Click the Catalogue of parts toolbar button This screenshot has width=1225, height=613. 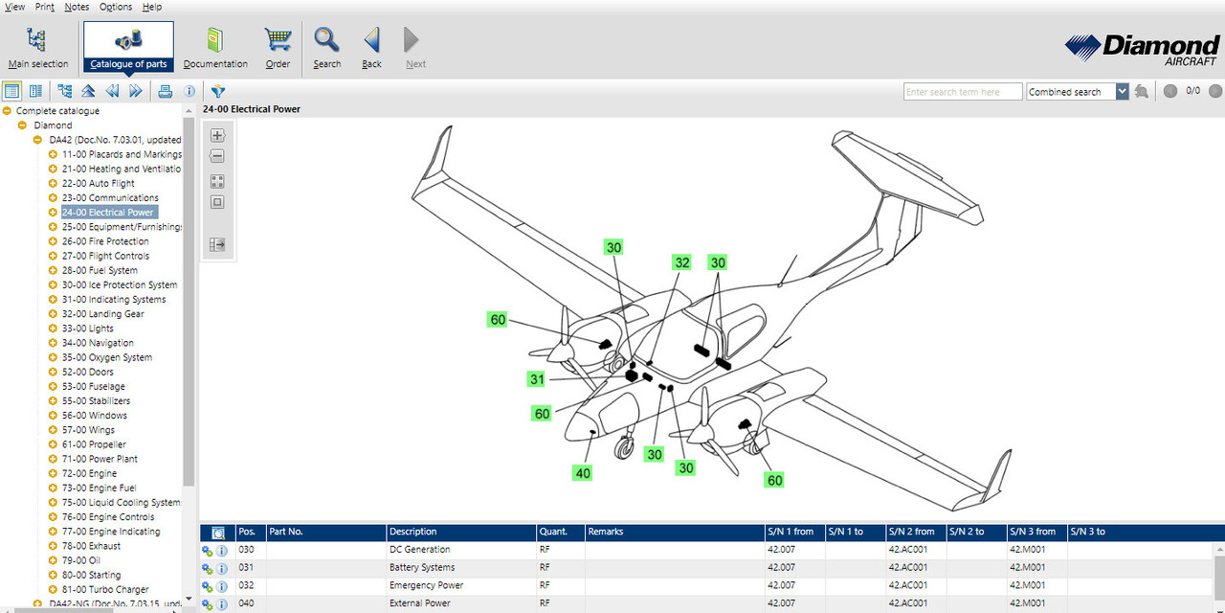click(x=128, y=47)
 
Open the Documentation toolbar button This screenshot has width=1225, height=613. click(x=215, y=48)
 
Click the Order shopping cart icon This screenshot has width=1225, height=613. click(x=278, y=40)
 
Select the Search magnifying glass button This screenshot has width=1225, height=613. click(x=326, y=40)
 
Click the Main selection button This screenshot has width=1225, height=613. click(x=37, y=48)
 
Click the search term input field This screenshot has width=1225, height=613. click(x=963, y=92)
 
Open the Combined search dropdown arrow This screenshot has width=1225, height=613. click(x=1122, y=92)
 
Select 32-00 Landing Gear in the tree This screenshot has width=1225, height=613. click(x=102, y=313)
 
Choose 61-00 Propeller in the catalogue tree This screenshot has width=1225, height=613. click(x=94, y=444)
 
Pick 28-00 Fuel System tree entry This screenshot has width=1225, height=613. click(x=100, y=270)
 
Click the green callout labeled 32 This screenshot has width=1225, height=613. click(x=681, y=262)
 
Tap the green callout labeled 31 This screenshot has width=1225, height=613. click(x=537, y=379)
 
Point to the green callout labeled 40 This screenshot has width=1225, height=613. click(x=583, y=473)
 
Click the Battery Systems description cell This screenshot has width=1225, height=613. click(x=422, y=568)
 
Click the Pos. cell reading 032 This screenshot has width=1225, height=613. click(x=246, y=585)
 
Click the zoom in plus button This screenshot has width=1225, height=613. click(x=217, y=135)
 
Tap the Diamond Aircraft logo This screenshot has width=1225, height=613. click(x=1142, y=50)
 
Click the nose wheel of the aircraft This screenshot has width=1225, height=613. click(x=623, y=447)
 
